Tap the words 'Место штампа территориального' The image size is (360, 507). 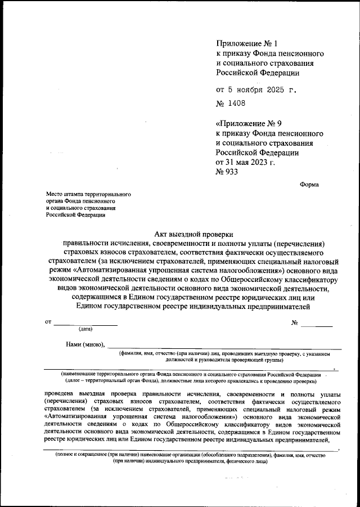tap(88, 193)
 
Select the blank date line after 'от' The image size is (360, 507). tap(85, 324)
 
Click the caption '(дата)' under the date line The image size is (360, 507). tap(86, 329)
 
